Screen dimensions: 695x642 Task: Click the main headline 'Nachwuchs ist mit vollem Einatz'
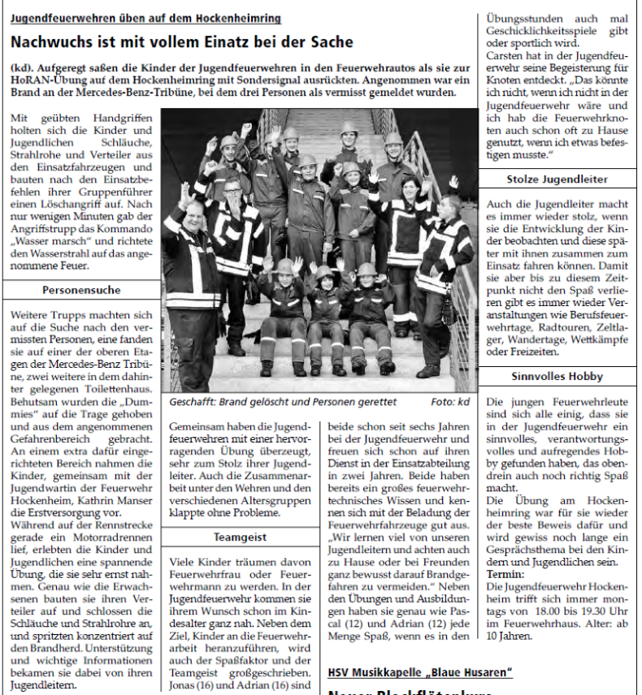pos(182,42)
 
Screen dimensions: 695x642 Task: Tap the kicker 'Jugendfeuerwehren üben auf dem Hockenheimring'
pos(146,18)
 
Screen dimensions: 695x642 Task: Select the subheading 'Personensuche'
pos(81,290)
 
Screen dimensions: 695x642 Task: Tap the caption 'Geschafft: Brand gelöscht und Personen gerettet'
pos(283,402)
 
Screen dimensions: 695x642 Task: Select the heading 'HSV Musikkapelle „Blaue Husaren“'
pos(419,672)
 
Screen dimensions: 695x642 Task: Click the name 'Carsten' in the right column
pos(505,55)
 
